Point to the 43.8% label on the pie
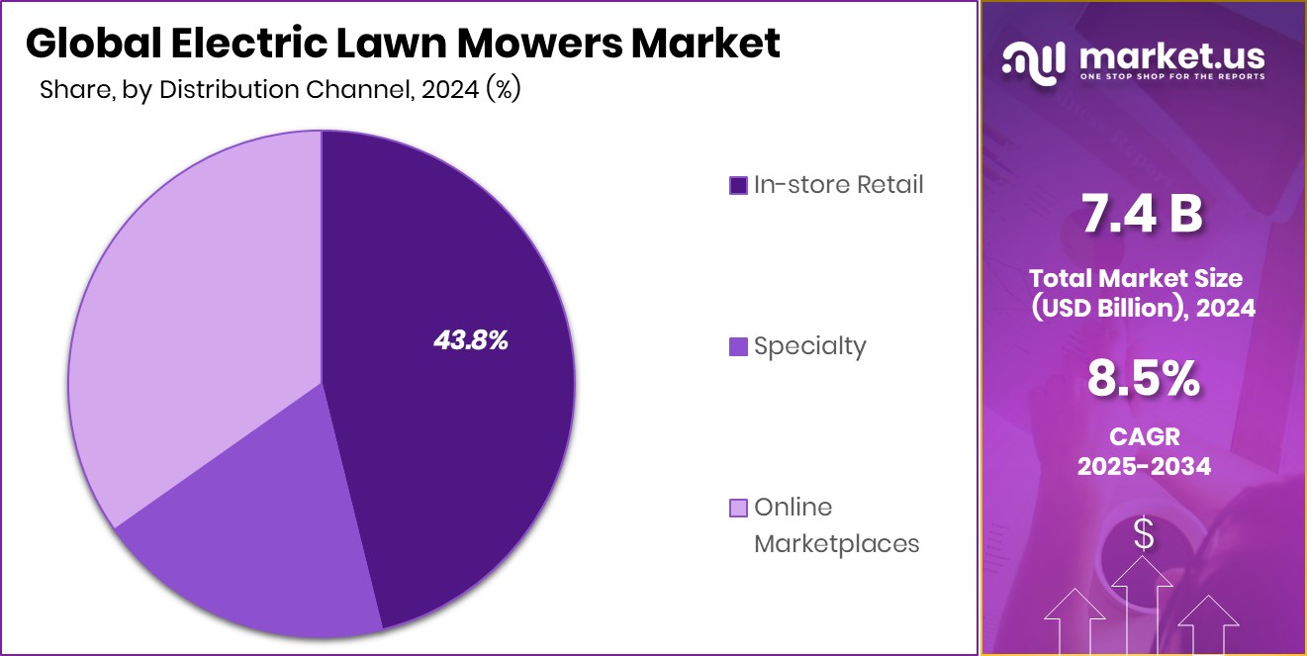[x=471, y=341]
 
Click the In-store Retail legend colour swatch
[x=738, y=185]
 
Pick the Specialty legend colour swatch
[x=738, y=347]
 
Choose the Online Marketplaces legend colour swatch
[x=738, y=509]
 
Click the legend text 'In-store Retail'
[x=838, y=184]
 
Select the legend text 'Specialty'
[x=809, y=346]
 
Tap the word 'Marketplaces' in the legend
[x=837, y=543]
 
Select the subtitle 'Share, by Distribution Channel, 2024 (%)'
[x=280, y=90]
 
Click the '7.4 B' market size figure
[x=1143, y=216]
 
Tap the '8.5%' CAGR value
[x=1144, y=378]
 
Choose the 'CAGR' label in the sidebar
[x=1144, y=435]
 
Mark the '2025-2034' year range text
[x=1144, y=466]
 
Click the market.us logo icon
[x=1033, y=60]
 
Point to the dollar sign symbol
[x=1144, y=535]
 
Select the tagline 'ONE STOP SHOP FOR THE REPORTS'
[x=1172, y=76]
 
